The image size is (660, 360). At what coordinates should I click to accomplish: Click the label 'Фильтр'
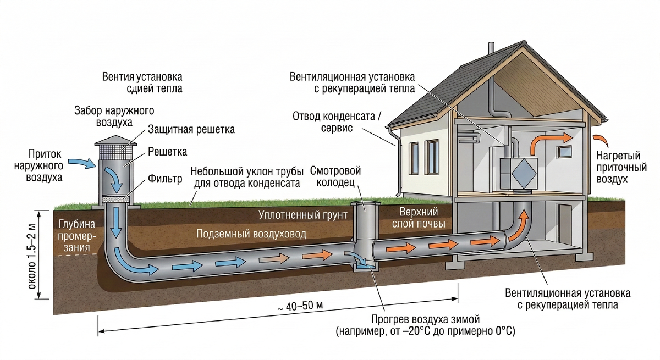[165, 179]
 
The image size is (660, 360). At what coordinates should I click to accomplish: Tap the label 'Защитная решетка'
[191, 130]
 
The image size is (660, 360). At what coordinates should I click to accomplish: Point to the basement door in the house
[565, 224]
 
